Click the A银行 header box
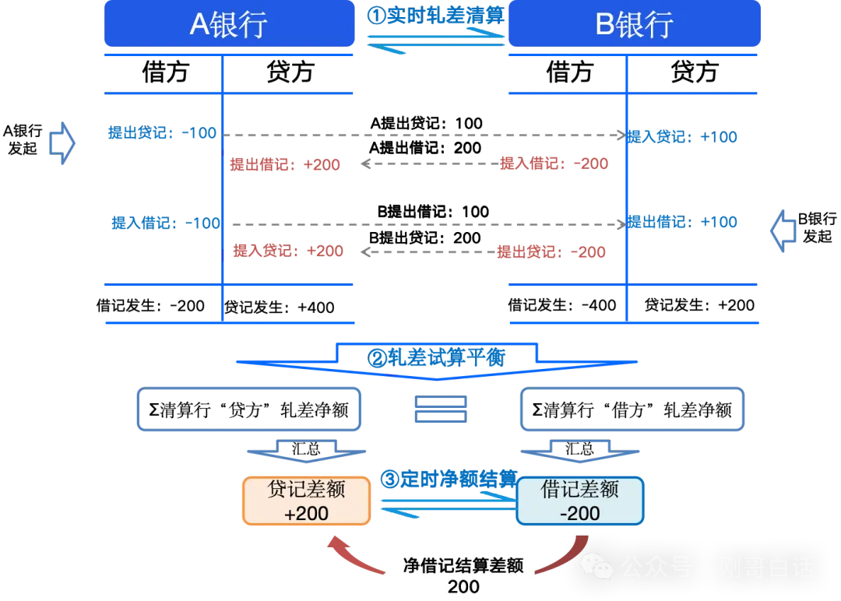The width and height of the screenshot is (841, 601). (229, 24)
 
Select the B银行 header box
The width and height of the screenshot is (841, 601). (634, 24)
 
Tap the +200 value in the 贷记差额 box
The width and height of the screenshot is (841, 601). (306, 514)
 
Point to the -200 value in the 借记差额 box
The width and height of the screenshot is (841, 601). (580, 514)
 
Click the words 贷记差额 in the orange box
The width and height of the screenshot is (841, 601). (306, 489)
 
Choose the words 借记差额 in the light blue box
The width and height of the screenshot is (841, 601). (580, 489)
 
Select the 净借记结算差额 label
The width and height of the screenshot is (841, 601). (463, 566)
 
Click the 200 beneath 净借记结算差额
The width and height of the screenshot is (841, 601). (463, 587)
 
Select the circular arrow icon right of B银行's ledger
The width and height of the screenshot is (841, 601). (782, 230)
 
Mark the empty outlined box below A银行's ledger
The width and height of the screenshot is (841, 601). (248, 409)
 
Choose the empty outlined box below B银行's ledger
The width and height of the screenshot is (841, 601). (632, 409)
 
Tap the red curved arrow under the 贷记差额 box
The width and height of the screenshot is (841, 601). (354, 557)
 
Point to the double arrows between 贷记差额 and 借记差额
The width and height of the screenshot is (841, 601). (444, 508)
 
